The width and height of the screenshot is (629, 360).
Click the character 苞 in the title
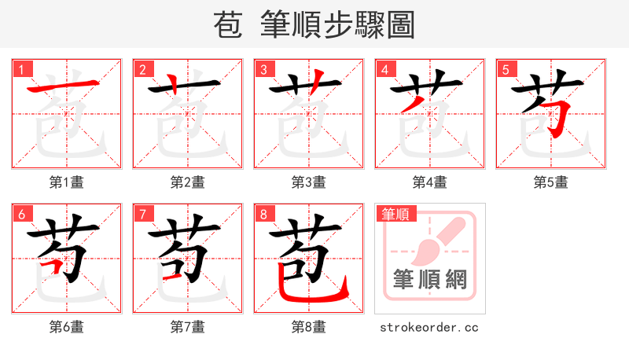click(230, 25)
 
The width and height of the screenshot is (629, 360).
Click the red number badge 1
click(21, 69)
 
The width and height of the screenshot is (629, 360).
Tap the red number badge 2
click(142, 69)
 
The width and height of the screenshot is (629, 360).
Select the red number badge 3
click(263, 69)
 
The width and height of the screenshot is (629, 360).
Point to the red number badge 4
click(384, 69)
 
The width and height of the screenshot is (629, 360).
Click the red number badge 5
click(506, 69)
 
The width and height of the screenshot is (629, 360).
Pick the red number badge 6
click(21, 214)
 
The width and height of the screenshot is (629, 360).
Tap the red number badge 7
click(142, 214)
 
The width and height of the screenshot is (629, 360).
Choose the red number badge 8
click(263, 214)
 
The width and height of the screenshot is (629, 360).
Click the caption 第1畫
click(67, 182)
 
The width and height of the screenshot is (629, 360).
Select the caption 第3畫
click(309, 182)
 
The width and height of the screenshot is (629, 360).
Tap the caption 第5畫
click(551, 182)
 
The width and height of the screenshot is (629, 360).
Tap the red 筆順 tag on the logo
click(395, 214)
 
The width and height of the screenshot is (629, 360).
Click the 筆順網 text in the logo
click(430, 279)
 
